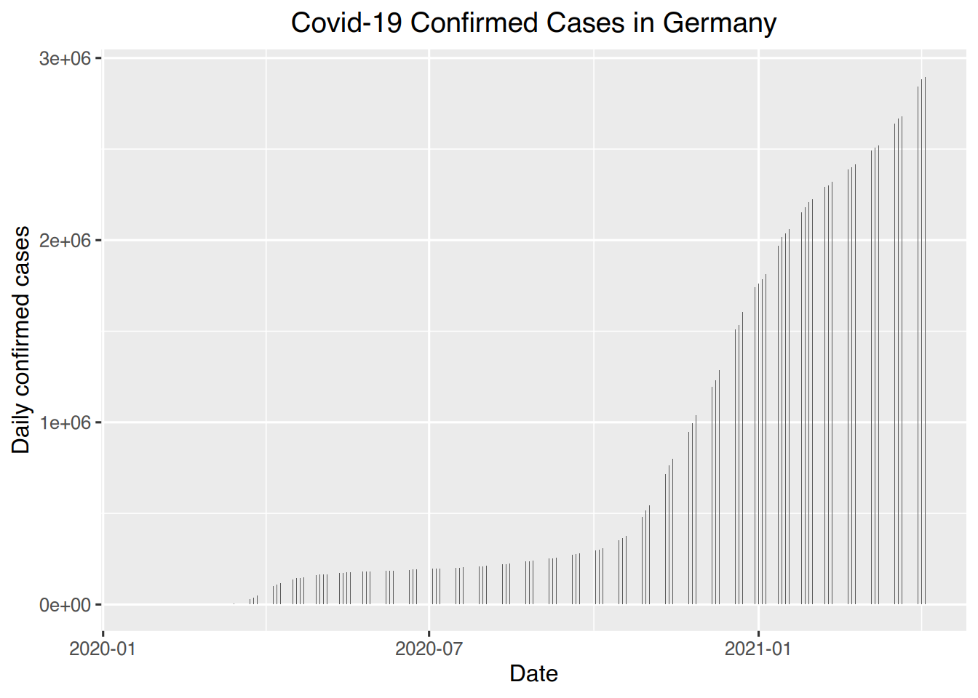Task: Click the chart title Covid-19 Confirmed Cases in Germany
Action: (533, 23)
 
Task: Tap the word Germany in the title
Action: (719, 23)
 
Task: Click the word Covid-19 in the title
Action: (346, 23)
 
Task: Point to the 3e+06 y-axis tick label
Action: (65, 58)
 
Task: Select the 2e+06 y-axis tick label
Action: (65, 241)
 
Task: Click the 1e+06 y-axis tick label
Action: (65, 422)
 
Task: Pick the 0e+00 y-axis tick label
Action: (65, 605)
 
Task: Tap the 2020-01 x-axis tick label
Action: (103, 649)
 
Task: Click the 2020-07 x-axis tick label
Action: (429, 649)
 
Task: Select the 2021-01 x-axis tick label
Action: (758, 649)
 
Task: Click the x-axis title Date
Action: (533, 674)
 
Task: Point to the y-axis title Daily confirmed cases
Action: (21, 340)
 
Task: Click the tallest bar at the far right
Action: (924, 342)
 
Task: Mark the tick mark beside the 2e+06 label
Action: (98, 240)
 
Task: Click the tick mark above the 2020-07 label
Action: (429, 633)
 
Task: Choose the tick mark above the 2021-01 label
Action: (758, 633)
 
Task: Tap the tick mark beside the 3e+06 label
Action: (98, 57)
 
